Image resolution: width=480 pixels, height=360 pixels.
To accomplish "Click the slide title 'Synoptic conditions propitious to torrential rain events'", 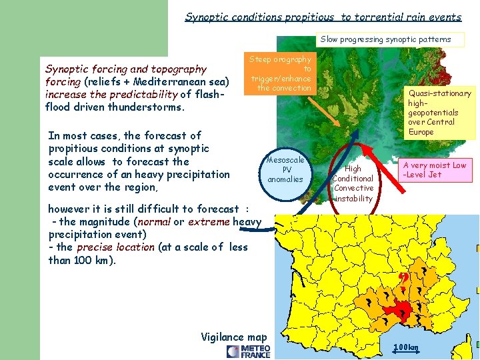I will (323, 17).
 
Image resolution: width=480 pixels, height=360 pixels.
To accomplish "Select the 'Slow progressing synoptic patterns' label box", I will (385, 39).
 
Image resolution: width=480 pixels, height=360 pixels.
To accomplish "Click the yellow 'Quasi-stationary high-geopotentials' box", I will (439, 112).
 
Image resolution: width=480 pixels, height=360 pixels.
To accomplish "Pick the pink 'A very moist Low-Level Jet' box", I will (433, 170).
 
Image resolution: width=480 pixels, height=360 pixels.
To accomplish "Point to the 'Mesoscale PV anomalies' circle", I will (285, 169).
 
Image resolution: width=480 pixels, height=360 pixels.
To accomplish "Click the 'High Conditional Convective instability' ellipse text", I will (353, 183).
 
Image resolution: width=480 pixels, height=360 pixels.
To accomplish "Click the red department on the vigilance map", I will (403, 311).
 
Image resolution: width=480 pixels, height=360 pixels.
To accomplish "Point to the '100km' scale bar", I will (405, 347).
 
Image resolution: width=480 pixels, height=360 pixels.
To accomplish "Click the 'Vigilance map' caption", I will (233, 337).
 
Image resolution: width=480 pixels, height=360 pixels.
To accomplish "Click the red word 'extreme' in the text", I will (209, 221).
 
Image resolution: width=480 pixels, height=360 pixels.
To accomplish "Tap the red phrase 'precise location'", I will (115, 247).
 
